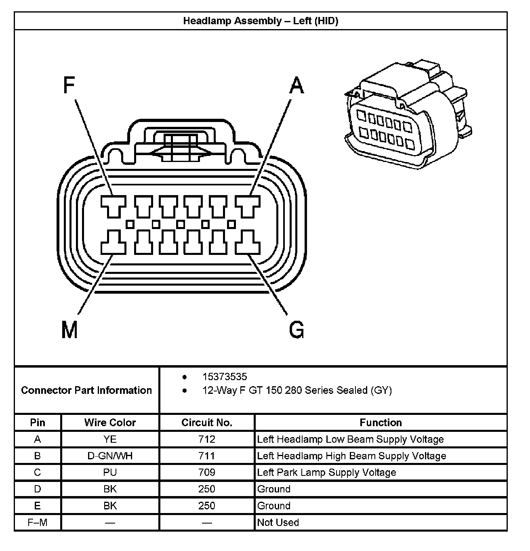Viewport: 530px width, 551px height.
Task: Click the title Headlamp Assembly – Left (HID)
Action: pyautogui.click(x=261, y=21)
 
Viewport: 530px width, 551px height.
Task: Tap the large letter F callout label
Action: pyautogui.click(x=69, y=85)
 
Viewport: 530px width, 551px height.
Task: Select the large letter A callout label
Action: pyautogui.click(x=297, y=85)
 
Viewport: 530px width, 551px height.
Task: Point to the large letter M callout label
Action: pyautogui.click(x=69, y=330)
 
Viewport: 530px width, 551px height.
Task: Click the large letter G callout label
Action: pyautogui.click(x=297, y=330)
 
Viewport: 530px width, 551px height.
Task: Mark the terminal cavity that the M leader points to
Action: pyautogui.click(x=113, y=242)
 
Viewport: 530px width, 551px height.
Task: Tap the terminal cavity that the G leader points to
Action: pyautogui.click(x=248, y=242)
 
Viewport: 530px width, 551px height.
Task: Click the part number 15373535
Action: pyautogui.click(x=225, y=377)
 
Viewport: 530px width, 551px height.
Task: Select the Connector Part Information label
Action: pyautogui.click(x=86, y=391)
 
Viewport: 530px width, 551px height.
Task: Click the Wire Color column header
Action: pyautogui.click(x=110, y=423)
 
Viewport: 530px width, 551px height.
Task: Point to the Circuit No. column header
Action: pyautogui.click(x=207, y=423)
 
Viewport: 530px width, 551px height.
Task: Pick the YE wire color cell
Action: pyautogui.click(x=110, y=440)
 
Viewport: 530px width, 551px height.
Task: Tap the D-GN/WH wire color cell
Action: pyautogui.click(x=110, y=456)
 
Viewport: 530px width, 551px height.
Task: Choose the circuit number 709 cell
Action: pyautogui.click(x=207, y=472)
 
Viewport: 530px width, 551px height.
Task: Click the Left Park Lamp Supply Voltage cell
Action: pyautogui.click(x=326, y=473)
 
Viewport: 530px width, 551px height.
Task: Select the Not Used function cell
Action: pyautogui.click(x=278, y=522)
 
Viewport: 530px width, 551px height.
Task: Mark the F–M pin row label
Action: pyautogui.click(x=38, y=522)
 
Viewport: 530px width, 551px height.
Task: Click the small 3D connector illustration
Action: pyautogui.click(x=408, y=115)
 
